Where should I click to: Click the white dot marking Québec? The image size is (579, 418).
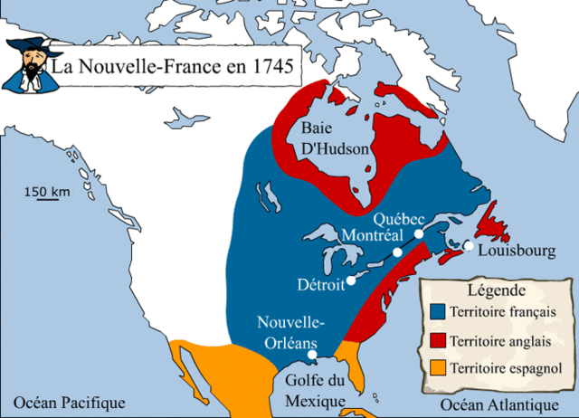pos(419,234)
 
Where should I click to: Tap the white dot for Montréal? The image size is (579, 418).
pos(397,252)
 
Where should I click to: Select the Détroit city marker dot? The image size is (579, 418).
pos(350,280)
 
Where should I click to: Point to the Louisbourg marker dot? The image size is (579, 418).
pos(468,245)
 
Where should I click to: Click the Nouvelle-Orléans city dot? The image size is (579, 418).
pos(312,355)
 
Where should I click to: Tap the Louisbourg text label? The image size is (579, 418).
pos(517,250)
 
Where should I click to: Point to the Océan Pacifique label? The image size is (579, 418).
pos(63,403)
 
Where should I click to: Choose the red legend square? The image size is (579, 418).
pos(438,340)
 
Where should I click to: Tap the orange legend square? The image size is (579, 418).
pos(438,367)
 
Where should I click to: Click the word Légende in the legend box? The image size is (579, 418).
pos(496,291)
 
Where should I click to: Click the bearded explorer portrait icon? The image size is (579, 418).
pos(24,65)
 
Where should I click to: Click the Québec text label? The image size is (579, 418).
pos(399,217)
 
